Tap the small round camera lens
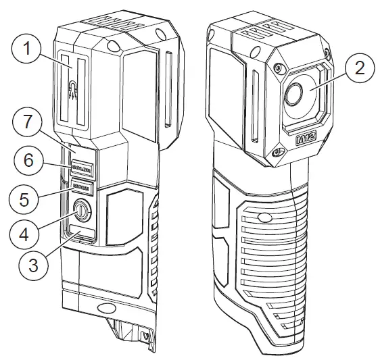(292, 95)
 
